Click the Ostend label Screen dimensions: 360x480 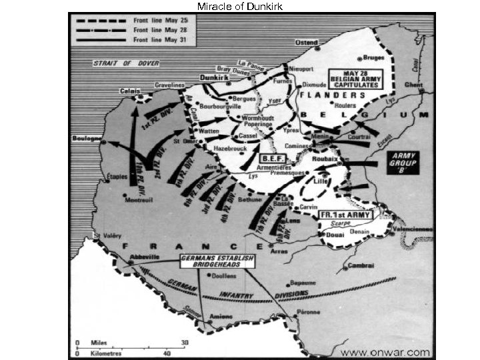(307, 42)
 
